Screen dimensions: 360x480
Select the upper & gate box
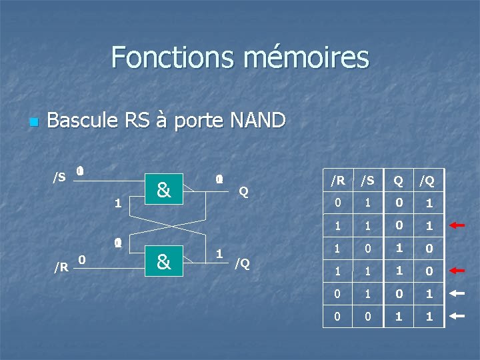(x=163, y=191)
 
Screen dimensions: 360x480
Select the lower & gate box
(x=163, y=261)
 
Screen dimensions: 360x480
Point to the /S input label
(x=59, y=177)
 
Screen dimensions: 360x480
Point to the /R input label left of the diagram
(x=61, y=267)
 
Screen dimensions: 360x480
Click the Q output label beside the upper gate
(x=243, y=192)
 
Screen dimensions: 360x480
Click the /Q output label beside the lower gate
(x=242, y=263)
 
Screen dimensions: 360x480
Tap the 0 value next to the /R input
(x=81, y=259)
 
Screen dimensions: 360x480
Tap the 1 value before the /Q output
(x=219, y=254)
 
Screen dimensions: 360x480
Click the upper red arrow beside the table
(x=457, y=225)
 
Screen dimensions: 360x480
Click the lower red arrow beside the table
(x=457, y=271)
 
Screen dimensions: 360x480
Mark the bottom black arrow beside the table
(x=457, y=317)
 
